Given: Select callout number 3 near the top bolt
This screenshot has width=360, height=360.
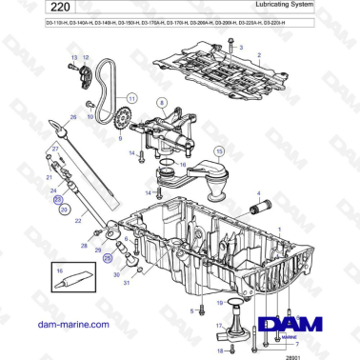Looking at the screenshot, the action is coord(241,46).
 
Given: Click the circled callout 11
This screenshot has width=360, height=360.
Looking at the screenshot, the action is coord(132,97).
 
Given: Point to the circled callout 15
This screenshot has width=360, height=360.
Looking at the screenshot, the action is coord(218,150).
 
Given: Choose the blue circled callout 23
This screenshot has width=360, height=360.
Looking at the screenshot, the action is coord(58,201).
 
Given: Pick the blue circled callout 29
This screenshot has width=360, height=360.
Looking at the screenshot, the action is coord(108,257).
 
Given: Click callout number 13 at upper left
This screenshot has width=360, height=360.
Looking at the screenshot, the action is coord(72,58).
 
